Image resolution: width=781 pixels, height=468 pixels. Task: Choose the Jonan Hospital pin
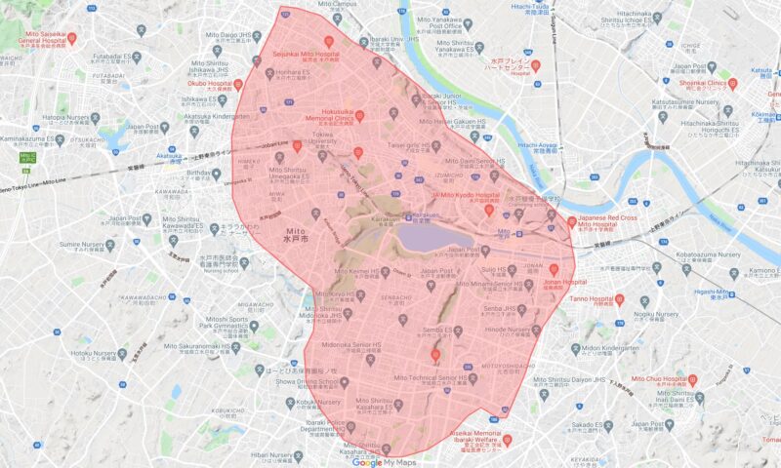[x=554, y=268]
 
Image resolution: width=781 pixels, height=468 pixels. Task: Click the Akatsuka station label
[x=170, y=155]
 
